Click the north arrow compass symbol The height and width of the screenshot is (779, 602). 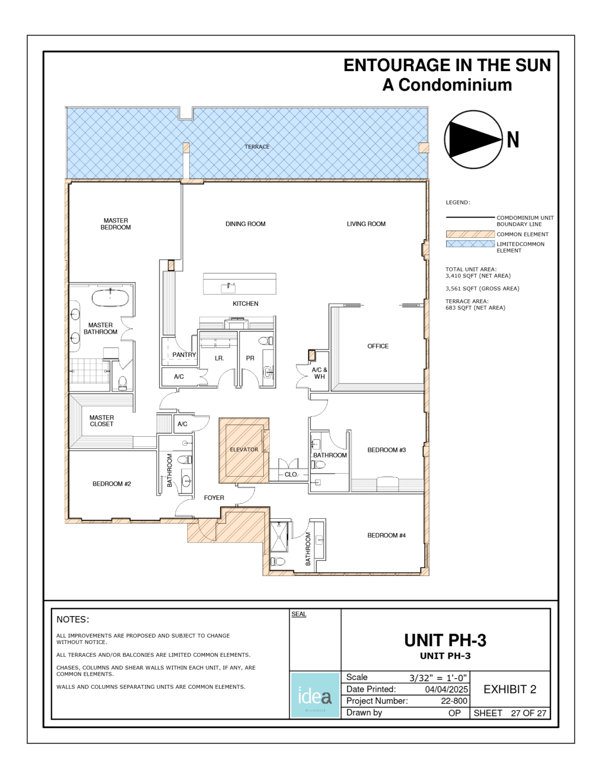pyautogui.click(x=473, y=139)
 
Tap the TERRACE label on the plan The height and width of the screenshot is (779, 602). pyautogui.click(x=257, y=147)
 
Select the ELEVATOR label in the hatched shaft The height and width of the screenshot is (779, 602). pyautogui.click(x=244, y=450)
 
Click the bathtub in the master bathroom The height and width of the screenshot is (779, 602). pyautogui.click(x=110, y=298)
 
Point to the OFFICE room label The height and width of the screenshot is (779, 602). pyautogui.click(x=378, y=346)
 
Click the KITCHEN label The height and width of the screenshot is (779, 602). pyautogui.click(x=245, y=304)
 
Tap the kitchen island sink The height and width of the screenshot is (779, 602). pyautogui.click(x=228, y=288)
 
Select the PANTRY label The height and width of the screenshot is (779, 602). pyautogui.click(x=184, y=355)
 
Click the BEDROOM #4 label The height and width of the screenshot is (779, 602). pyautogui.click(x=386, y=536)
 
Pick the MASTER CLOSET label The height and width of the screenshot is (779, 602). pyautogui.click(x=101, y=421)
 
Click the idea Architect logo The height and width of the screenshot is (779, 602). pyautogui.click(x=315, y=695)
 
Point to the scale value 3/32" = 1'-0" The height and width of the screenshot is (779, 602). pyautogui.click(x=438, y=678)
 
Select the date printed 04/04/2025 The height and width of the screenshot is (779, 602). pyautogui.click(x=446, y=689)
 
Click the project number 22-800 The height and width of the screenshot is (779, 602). pyautogui.click(x=454, y=701)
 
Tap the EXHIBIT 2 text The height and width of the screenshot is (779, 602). pyautogui.click(x=510, y=689)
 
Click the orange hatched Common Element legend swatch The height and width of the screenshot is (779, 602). pyautogui.click(x=470, y=234)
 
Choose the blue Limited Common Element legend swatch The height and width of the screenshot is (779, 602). pyautogui.click(x=470, y=244)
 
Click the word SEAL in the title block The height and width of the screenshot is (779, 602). pyautogui.click(x=299, y=614)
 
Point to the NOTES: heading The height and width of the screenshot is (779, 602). pyautogui.click(x=73, y=620)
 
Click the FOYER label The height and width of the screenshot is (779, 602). pyautogui.click(x=214, y=498)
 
